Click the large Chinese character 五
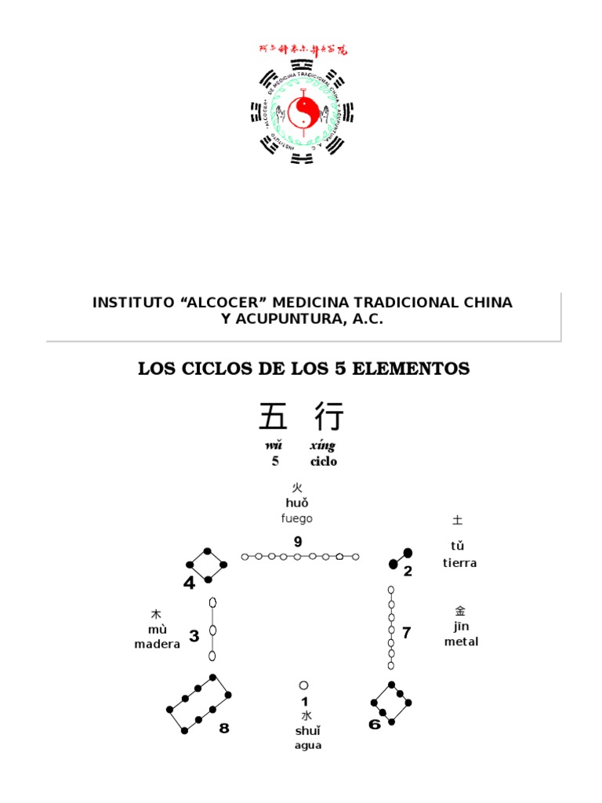tap(274, 416)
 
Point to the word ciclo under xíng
tap(323, 462)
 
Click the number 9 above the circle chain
tap(298, 542)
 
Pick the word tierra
tap(459, 563)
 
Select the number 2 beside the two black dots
tap(408, 571)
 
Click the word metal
tap(461, 641)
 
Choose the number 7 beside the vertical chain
tap(406, 633)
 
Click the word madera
tap(158, 644)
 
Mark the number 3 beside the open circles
tap(194, 636)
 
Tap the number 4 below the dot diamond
tap(189, 583)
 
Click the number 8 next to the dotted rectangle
tap(224, 729)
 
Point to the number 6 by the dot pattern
tap(375, 724)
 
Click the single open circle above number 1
tap(304, 685)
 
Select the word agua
tap(308, 745)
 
